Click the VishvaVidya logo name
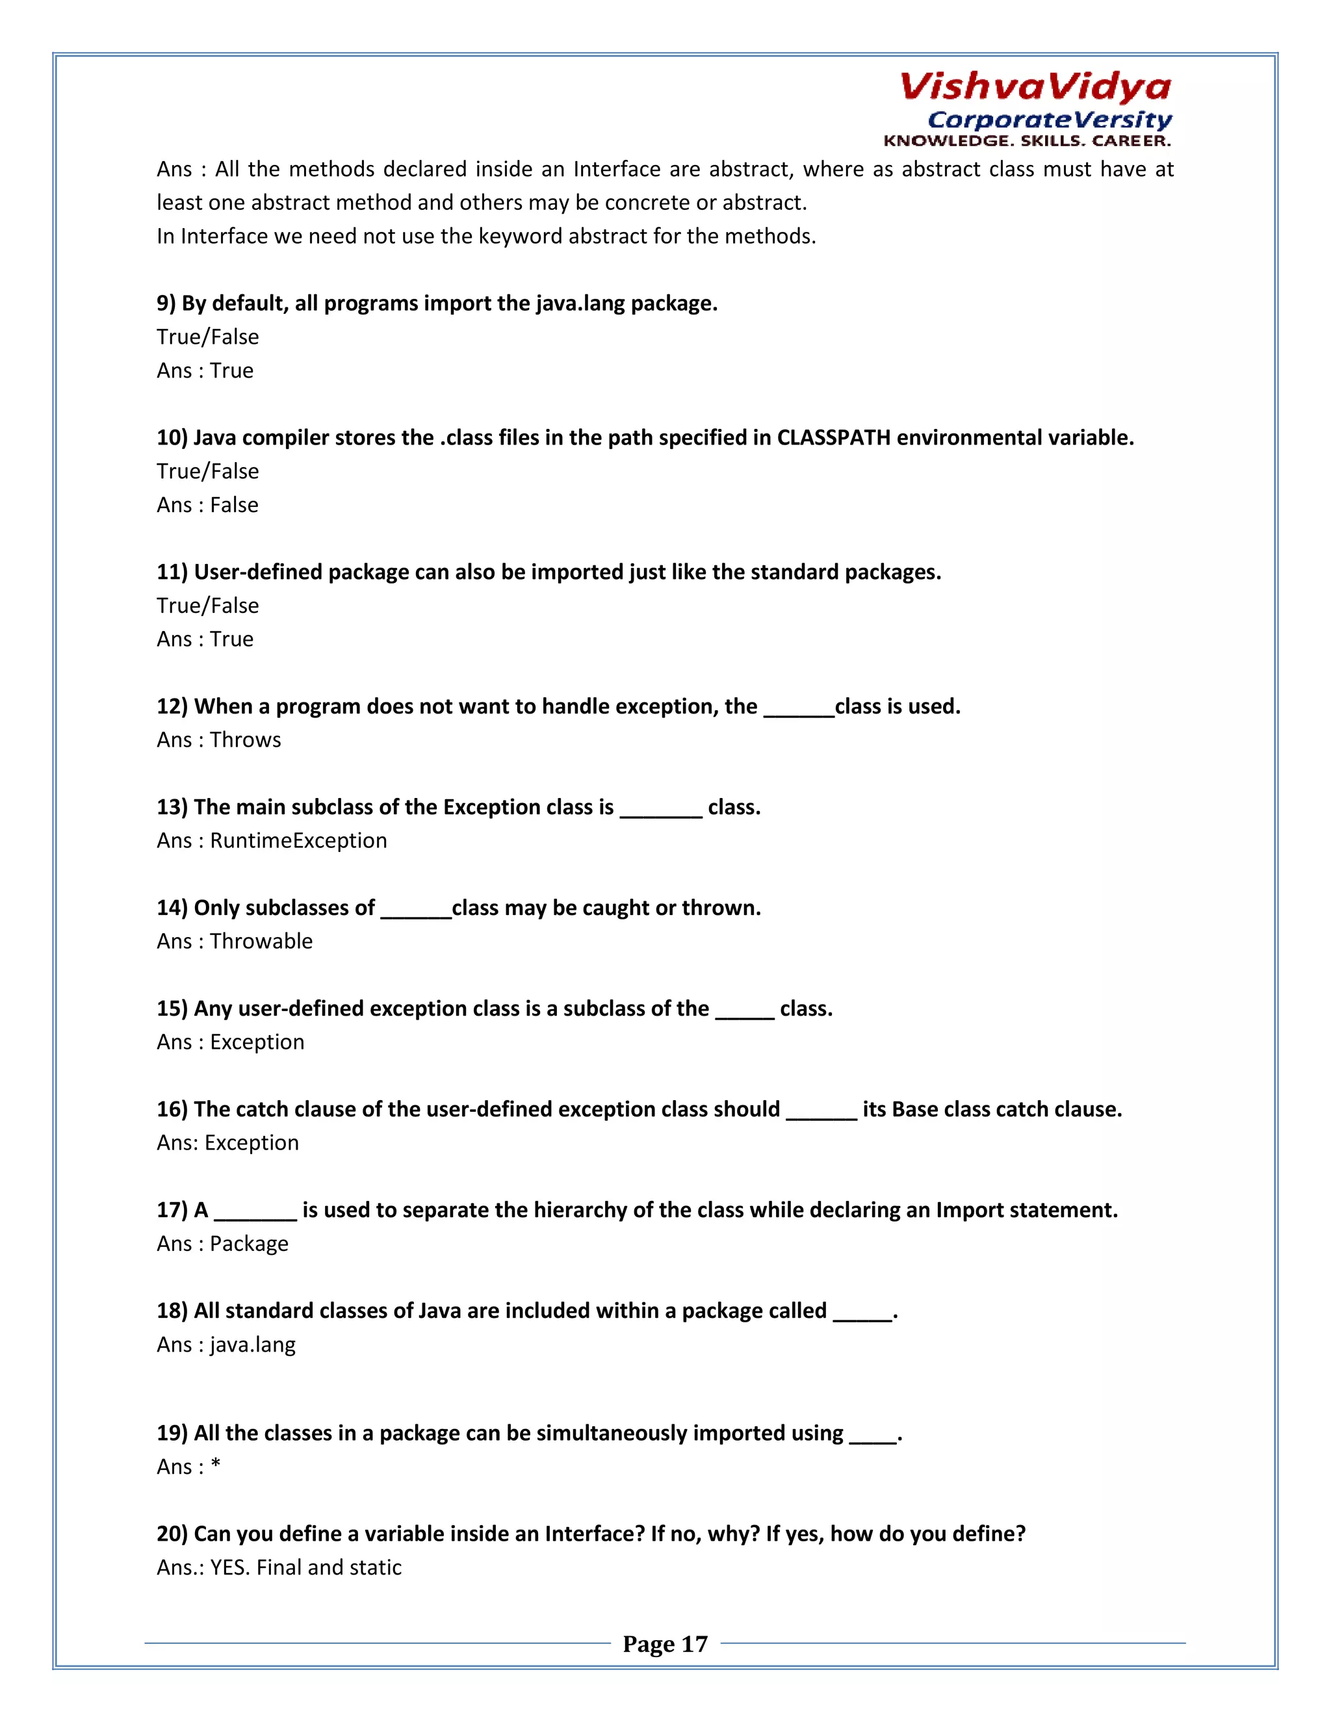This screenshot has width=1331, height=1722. tap(1035, 86)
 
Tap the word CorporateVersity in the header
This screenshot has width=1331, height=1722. tap(1050, 120)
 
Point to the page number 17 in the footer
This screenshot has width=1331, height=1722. tap(694, 1643)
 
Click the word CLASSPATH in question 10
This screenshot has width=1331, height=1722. tap(833, 437)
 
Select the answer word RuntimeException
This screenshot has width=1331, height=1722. tap(298, 840)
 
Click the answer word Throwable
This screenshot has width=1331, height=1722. tap(261, 942)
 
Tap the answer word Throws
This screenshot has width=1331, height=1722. tap(245, 739)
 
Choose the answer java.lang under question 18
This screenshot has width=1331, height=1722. tap(252, 1344)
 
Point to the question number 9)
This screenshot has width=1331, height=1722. tap(166, 303)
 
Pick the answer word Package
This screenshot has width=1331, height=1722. tap(249, 1243)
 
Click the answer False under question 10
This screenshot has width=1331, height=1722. tap(234, 505)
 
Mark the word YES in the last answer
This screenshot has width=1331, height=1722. tap(229, 1567)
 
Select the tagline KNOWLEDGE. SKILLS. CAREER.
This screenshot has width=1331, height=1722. tap(1027, 141)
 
